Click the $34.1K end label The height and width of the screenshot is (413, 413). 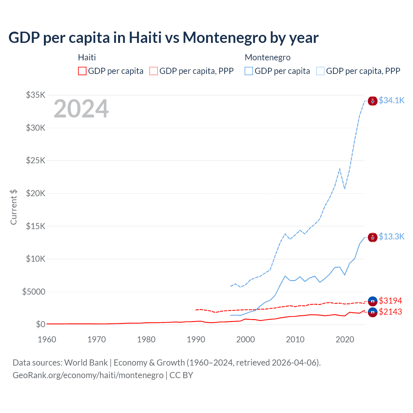coord(391,101)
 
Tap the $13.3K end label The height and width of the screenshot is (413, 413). coord(391,237)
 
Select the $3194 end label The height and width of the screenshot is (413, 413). coord(390,301)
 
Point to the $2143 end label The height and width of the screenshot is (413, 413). coord(390,312)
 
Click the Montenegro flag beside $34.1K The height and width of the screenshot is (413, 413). coord(373,101)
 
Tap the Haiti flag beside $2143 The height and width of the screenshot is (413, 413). coord(373,312)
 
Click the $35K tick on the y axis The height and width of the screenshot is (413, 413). coord(36,95)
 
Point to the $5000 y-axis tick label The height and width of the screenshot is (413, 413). coord(34,292)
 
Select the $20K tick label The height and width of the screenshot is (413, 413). coord(36,193)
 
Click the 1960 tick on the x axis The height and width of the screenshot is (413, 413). coord(47,339)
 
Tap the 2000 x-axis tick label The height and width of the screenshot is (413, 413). coord(246,339)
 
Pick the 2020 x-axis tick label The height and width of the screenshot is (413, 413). coord(345,339)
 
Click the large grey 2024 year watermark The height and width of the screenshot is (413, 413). coord(81,109)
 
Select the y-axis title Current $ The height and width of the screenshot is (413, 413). coord(14,207)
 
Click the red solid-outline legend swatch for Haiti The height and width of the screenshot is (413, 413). coord(82,71)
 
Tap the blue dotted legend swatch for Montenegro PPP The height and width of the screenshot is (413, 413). coord(320,71)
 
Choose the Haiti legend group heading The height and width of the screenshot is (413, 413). coord(87,57)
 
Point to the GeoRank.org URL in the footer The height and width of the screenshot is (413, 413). coord(88,375)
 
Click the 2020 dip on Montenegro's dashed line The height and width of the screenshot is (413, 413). coord(345,189)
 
